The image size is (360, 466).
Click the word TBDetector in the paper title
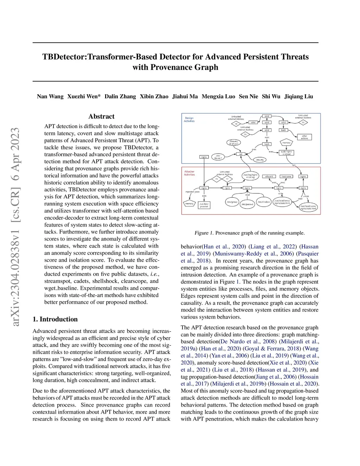tap(64, 57)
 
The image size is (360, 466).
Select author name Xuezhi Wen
tap(84, 96)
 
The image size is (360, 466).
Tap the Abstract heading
tap(101, 116)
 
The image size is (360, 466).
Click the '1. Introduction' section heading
tap(55, 319)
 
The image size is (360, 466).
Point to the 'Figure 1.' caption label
tap(204, 233)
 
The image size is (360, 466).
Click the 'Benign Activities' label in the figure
tap(189, 120)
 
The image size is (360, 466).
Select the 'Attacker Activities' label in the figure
tap(189, 173)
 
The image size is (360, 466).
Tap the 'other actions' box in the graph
tap(304, 137)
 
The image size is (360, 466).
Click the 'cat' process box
tap(241, 154)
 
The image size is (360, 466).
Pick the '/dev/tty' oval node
tap(260, 160)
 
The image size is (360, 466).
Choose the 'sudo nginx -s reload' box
tap(285, 153)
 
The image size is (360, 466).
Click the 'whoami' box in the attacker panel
tap(269, 177)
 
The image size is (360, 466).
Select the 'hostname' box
tap(286, 177)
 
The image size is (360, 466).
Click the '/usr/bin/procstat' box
tap(204, 205)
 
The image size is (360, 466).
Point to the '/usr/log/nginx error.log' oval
tap(250, 176)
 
